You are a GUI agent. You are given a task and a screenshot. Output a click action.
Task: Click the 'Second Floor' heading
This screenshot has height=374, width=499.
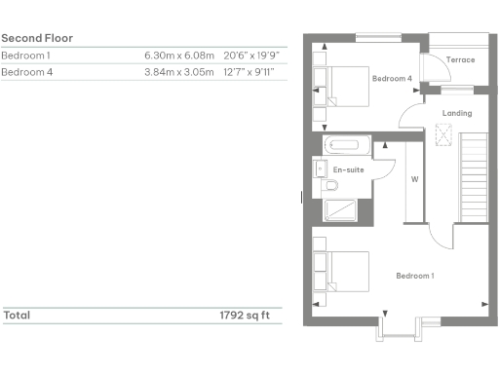(37, 38)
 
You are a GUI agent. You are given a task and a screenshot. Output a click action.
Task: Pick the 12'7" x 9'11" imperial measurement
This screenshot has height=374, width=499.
(250, 72)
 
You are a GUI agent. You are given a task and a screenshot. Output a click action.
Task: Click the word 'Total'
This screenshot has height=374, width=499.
(16, 316)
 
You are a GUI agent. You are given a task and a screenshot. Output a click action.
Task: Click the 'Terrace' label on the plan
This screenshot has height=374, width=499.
(460, 60)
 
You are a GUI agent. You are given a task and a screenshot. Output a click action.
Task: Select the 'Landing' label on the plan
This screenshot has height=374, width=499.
(457, 114)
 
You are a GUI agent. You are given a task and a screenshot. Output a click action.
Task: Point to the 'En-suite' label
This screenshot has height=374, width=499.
(348, 170)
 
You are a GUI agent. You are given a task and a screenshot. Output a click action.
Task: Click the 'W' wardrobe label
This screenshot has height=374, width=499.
(414, 179)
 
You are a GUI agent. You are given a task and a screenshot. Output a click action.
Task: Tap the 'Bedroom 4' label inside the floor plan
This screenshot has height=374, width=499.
(392, 78)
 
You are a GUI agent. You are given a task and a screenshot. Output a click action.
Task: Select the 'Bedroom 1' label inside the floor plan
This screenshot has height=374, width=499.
(415, 276)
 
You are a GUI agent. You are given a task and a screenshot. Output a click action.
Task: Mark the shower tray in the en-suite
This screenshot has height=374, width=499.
(341, 210)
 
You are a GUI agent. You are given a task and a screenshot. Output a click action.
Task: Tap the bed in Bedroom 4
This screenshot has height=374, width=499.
(341, 84)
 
